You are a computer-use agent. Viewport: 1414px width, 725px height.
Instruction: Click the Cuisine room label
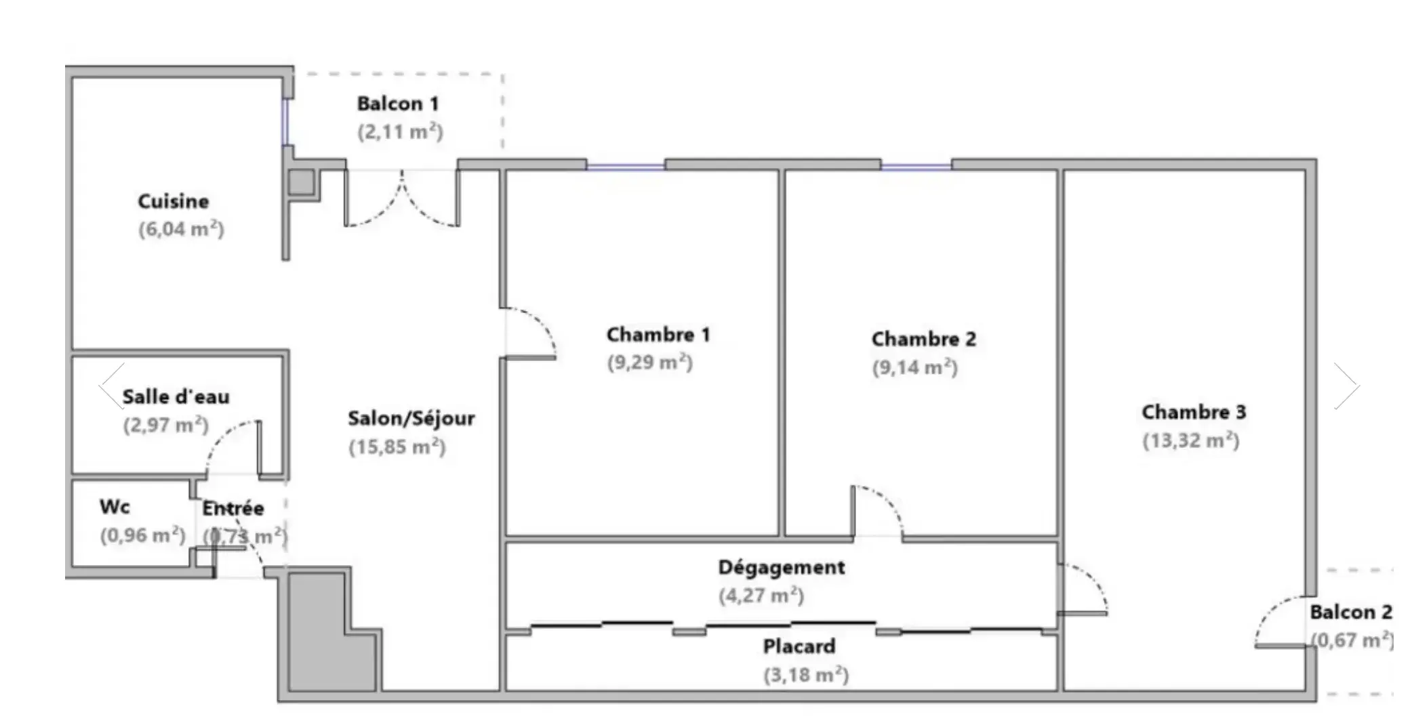click(x=173, y=201)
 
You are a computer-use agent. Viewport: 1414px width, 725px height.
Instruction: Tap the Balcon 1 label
click(x=398, y=104)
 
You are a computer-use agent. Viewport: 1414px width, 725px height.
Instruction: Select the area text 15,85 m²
click(x=397, y=447)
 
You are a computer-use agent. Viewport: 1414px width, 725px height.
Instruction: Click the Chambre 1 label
click(x=658, y=335)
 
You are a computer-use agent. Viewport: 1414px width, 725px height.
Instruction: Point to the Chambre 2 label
click(x=923, y=339)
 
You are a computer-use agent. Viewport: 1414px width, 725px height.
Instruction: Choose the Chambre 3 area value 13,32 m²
click(x=1190, y=441)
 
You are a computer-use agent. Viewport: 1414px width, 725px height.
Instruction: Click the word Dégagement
click(x=781, y=567)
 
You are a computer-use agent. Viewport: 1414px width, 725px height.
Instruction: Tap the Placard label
click(x=799, y=646)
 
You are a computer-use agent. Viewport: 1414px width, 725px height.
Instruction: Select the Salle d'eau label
click(x=176, y=396)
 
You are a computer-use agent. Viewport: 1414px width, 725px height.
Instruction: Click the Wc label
click(x=115, y=507)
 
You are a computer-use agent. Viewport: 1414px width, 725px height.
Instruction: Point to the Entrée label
click(x=233, y=508)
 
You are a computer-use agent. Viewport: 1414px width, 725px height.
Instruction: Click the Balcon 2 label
click(x=1350, y=612)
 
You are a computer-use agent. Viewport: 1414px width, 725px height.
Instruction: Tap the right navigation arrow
click(x=1346, y=386)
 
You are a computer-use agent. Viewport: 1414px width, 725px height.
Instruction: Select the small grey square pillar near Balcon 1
click(x=302, y=182)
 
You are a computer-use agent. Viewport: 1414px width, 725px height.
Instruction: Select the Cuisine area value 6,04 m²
click(x=181, y=229)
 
